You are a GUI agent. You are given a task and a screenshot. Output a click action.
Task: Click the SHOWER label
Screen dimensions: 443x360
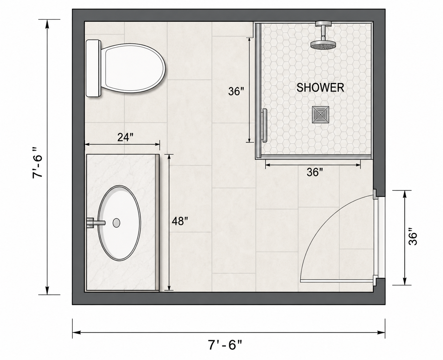(320, 88)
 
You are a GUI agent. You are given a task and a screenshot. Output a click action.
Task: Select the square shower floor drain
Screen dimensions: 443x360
(320, 115)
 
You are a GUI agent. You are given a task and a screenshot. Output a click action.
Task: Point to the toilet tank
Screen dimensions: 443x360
(93, 68)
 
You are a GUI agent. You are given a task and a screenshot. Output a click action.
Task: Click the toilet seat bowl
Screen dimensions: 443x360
(133, 68)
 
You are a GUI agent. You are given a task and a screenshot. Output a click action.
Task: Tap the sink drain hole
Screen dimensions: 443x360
(117, 223)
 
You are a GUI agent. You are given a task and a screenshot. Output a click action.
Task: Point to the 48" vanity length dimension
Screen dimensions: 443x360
(180, 221)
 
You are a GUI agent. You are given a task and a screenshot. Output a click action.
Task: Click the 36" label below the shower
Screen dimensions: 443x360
(315, 172)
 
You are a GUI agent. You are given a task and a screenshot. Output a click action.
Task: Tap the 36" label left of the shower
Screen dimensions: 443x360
(236, 92)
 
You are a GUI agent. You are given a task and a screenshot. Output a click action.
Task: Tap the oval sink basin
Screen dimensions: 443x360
(119, 223)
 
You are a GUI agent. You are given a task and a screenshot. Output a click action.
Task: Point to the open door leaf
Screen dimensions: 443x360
(337, 281)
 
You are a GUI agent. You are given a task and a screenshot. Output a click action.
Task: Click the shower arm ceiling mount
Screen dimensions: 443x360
(323, 23)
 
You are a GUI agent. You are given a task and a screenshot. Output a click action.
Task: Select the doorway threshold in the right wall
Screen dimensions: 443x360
(382, 237)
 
